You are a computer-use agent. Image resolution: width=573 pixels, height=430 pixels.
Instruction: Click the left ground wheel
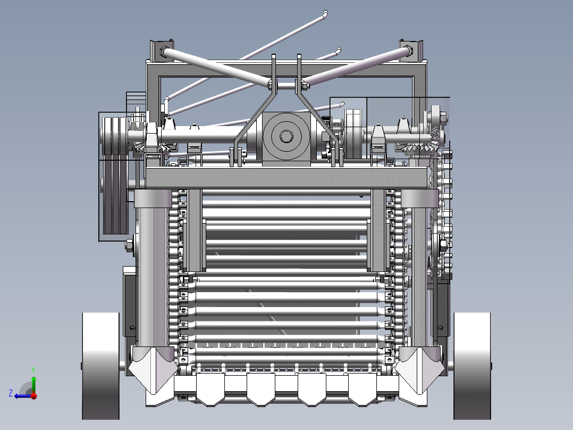(101, 366)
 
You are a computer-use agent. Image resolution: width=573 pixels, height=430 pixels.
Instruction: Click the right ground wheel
(472, 366)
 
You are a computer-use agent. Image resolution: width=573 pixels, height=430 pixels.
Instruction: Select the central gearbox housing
(286, 139)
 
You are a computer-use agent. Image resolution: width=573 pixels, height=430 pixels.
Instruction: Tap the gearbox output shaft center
(286, 136)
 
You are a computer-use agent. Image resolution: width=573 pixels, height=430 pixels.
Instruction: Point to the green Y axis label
(33, 370)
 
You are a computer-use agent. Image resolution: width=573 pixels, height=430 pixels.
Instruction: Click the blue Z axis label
(11, 393)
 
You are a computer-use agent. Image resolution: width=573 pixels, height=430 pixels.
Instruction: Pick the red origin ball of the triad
(33, 395)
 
